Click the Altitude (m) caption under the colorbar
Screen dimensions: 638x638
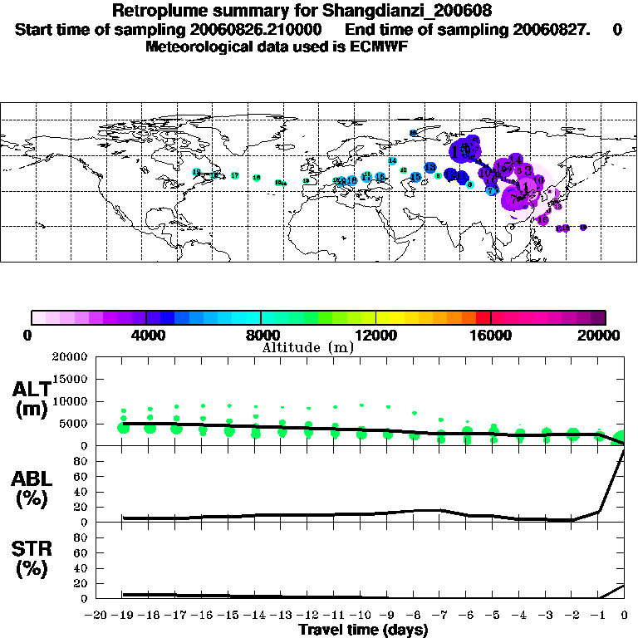pyautogui.click(x=307, y=347)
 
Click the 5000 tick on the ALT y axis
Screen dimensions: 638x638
pyautogui.click(x=76, y=424)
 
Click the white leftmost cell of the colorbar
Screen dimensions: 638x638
pyautogui.click(x=38, y=317)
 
